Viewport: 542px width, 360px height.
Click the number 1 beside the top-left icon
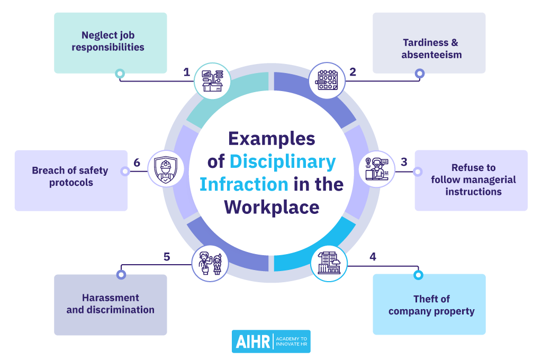(x=187, y=72)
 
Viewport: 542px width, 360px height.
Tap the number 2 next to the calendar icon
(x=353, y=72)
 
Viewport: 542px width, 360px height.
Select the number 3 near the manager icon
(x=404, y=162)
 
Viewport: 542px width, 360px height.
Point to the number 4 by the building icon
(x=373, y=257)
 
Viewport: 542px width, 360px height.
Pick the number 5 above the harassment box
(x=167, y=257)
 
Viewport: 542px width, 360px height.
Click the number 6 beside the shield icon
(x=137, y=163)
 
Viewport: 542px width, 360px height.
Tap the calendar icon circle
(x=327, y=80)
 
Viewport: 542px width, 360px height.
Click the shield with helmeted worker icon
(x=166, y=169)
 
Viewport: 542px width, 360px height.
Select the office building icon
(x=329, y=264)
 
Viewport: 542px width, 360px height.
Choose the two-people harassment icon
(x=210, y=264)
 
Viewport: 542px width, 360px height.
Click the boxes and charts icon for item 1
(x=212, y=81)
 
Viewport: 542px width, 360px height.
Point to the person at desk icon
(x=377, y=169)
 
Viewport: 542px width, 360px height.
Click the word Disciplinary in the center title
(x=283, y=162)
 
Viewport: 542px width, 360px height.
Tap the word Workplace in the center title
(x=272, y=208)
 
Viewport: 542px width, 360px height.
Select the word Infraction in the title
(x=244, y=184)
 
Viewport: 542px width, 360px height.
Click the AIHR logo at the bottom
(x=271, y=341)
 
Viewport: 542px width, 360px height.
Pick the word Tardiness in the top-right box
(x=426, y=42)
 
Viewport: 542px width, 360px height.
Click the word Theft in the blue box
(x=432, y=299)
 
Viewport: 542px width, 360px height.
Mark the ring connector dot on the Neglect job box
(x=120, y=74)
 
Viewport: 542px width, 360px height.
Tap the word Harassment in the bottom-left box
(x=111, y=298)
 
